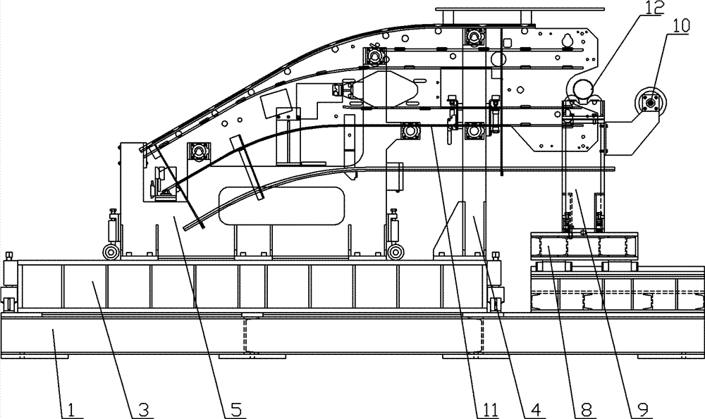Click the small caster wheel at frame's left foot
(111, 251)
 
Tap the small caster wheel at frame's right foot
(396, 251)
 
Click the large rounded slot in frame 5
(281, 206)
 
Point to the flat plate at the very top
(482, 9)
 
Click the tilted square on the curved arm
(275, 104)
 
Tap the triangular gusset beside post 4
(448, 230)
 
